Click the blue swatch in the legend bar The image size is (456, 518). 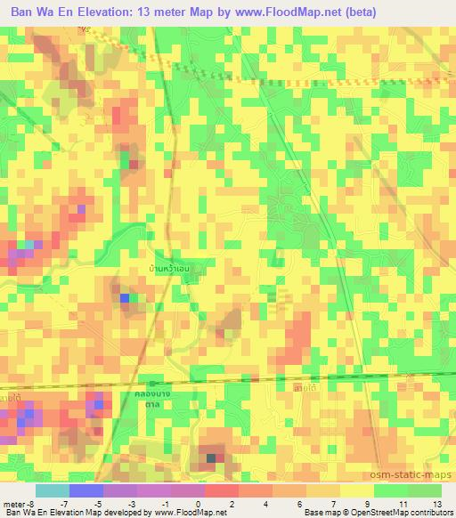tap(85, 490)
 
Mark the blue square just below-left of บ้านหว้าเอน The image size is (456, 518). tap(125, 298)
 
